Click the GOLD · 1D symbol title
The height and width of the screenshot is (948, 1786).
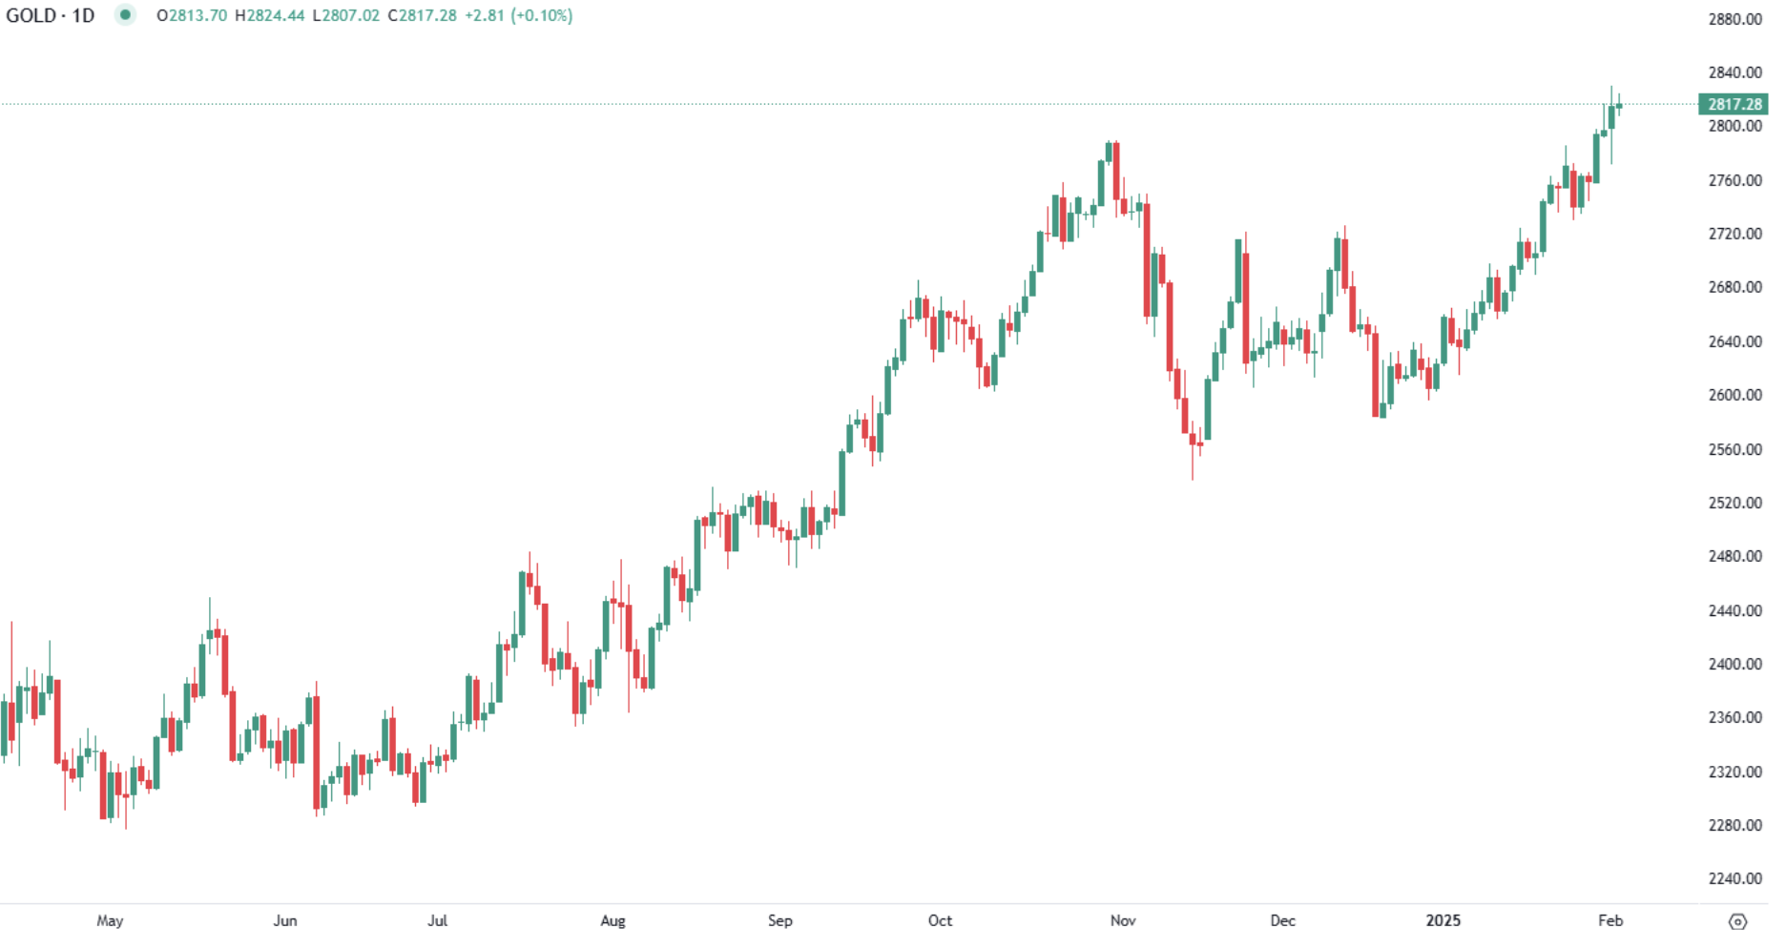(50, 16)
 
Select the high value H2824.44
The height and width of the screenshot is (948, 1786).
(270, 16)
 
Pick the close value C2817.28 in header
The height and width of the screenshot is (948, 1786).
(422, 16)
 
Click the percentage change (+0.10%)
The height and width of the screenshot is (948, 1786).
(542, 16)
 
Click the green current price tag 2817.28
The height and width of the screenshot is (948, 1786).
(1734, 104)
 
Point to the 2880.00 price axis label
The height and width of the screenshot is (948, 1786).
(1734, 19)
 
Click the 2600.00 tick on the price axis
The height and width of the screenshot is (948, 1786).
(1734, 395)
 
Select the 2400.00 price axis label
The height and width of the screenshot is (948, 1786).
(1734, 664)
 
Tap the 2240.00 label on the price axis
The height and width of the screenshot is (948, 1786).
(1734, 878)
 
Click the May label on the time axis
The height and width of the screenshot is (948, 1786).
(110, 920)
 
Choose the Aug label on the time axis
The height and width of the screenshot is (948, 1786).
(613, 920)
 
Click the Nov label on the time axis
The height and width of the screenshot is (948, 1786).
(1123, 920)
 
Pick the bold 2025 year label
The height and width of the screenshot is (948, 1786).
(1443, 920)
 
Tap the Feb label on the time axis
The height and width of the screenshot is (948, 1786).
(1610, 920)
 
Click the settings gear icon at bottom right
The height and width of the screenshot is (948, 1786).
(1737, 921)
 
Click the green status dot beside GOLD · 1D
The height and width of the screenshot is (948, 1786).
(125, 15)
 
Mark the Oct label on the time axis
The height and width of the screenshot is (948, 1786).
(940, 920)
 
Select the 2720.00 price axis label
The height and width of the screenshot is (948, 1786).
(1734, 234)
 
